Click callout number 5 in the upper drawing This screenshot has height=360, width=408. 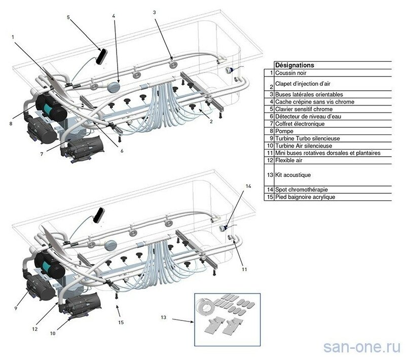tap(67, 17)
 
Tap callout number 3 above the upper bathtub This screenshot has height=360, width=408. tap(154, 12)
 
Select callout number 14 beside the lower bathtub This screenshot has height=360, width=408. tap(248, 187)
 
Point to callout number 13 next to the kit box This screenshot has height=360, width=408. tap(163, 318)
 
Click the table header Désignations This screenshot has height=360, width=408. tap(294, 65)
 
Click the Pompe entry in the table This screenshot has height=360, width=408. tap(283, 130)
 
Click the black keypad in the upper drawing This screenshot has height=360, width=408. tap(103, 55)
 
